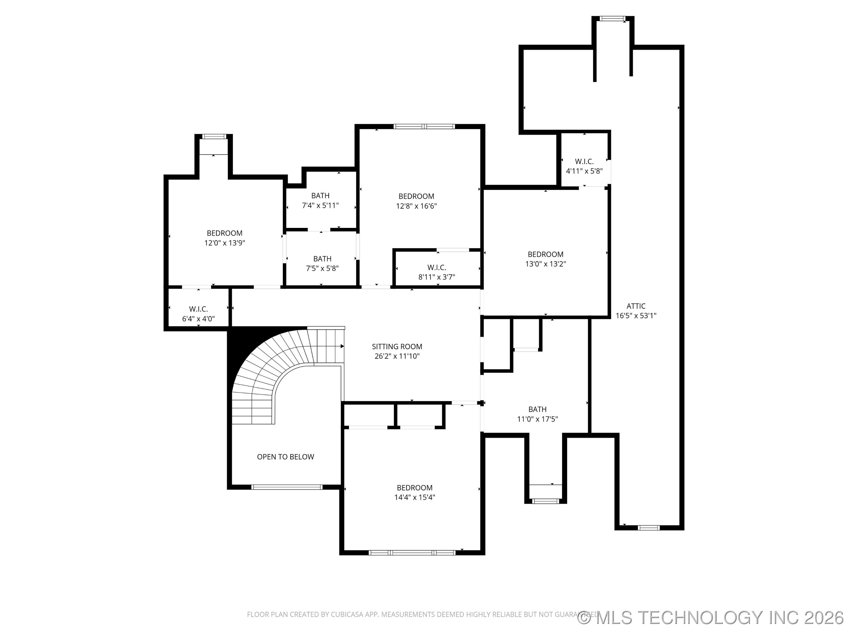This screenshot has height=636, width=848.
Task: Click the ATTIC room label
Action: tap(636, 306)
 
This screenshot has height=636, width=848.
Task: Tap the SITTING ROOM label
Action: tap(397, 346)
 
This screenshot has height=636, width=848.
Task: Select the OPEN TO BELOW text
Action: tap(285, 457)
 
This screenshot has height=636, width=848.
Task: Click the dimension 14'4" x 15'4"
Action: tap(414, 497)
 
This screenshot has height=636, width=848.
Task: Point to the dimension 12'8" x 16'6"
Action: tap(416, 206)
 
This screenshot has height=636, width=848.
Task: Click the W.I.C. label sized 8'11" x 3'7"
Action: tap(437, 267)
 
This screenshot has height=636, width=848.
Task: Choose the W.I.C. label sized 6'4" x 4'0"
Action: tap(198, 309)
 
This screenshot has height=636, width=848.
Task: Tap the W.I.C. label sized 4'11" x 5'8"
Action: tap(584, 161)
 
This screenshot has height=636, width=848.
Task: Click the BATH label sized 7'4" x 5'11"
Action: tap(320, 196)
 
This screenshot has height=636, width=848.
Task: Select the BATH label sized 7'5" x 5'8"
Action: tap(322, 259)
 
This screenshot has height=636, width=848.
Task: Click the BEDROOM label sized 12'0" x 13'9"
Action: tap(224, 233)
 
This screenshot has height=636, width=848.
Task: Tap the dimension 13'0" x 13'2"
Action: tap(545, 264)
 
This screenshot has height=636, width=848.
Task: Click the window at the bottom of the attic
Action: tap(649, 528)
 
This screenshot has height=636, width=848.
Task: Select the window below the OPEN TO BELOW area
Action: tap(287, 487)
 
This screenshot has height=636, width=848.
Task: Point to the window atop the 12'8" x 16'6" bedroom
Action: tap(424, 126)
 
